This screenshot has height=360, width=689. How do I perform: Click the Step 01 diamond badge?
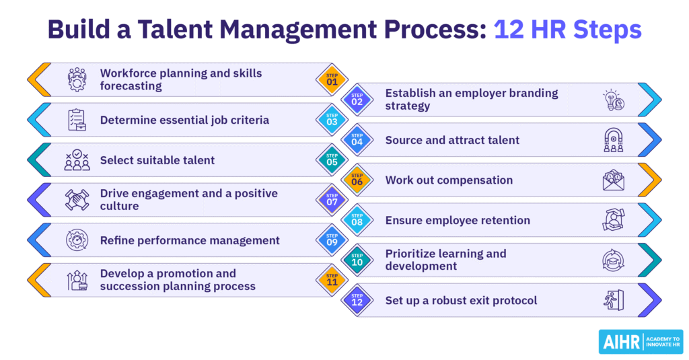pos(332,80)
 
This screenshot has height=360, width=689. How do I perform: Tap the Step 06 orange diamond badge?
pos(357,180)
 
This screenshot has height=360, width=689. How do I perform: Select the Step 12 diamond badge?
pos(357,300)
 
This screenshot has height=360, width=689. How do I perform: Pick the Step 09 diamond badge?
pos(332,240)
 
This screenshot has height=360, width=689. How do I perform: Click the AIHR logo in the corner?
pos(639,341)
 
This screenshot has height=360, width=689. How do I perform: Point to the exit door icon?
pos(613,300)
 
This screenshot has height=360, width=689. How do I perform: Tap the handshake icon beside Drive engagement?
pos(77,200)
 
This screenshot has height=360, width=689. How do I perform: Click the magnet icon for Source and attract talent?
pos(613,140)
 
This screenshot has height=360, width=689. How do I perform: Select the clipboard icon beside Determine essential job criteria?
pos(77,120)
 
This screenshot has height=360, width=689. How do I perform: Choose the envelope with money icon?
pos(613,180)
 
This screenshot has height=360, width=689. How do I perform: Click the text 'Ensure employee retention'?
pos(458,220)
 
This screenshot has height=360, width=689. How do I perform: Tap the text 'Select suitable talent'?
pos(157,160)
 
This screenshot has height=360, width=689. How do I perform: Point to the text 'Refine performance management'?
pos(190,240)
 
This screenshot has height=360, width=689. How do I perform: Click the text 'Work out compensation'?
pos(449,180)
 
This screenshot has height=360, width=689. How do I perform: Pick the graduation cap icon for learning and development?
pos(613,260)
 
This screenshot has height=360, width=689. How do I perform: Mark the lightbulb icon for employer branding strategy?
pos(613,100)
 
